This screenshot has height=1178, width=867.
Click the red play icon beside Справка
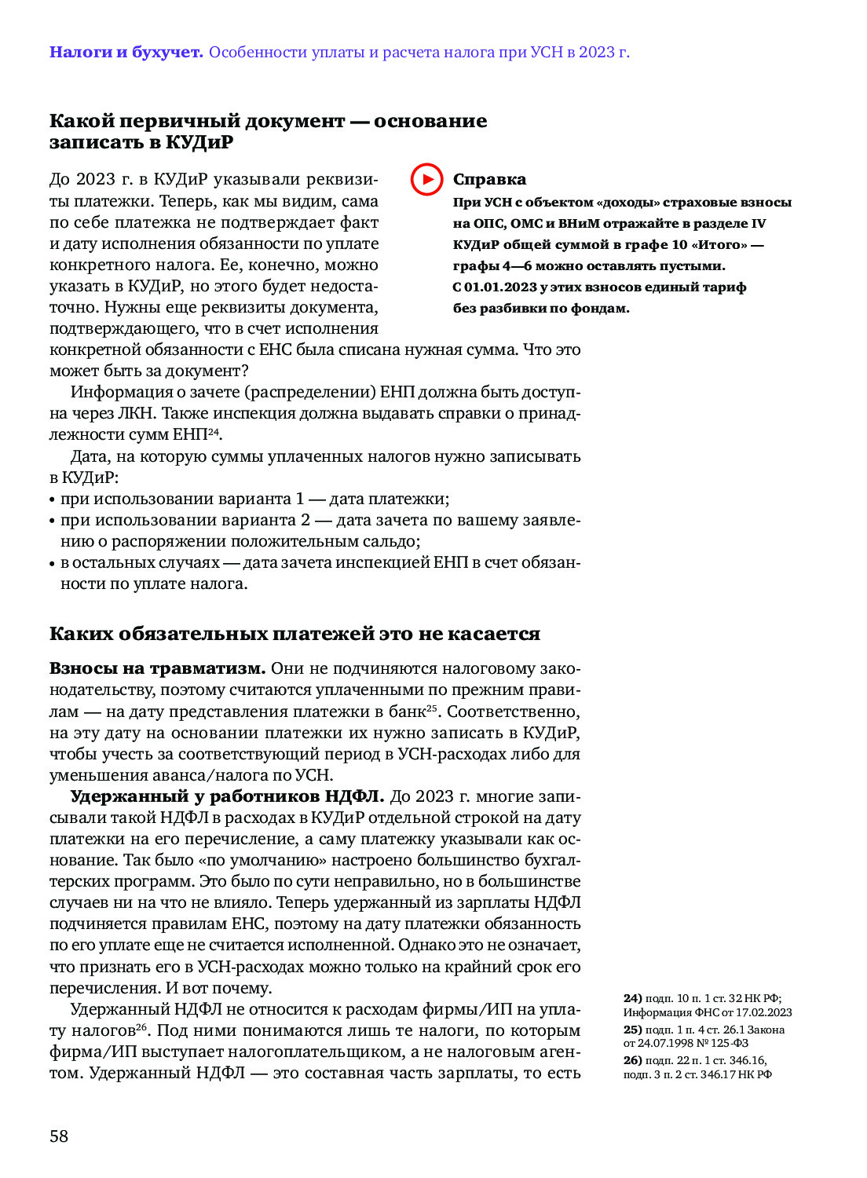point(426,179)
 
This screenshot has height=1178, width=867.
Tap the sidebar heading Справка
point(489,180)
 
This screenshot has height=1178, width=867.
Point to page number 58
point(59,1136)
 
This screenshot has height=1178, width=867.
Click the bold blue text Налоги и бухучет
point(126,53)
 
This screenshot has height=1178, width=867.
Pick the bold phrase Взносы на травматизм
point(157,669)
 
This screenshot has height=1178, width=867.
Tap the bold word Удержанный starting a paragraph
point(138,796)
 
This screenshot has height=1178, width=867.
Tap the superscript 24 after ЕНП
point(214,431)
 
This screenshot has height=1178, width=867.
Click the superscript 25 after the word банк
point(431,708)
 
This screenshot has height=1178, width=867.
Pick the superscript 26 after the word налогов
point(141,1027)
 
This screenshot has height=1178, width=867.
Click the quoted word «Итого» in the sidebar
point(719,244)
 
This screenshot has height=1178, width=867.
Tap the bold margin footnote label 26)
point(632,1060)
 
